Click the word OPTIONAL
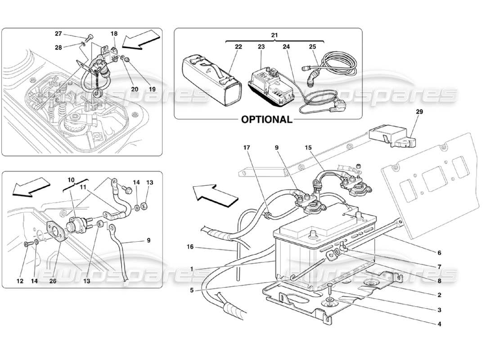pyautogui.click(x=266, y=120)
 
